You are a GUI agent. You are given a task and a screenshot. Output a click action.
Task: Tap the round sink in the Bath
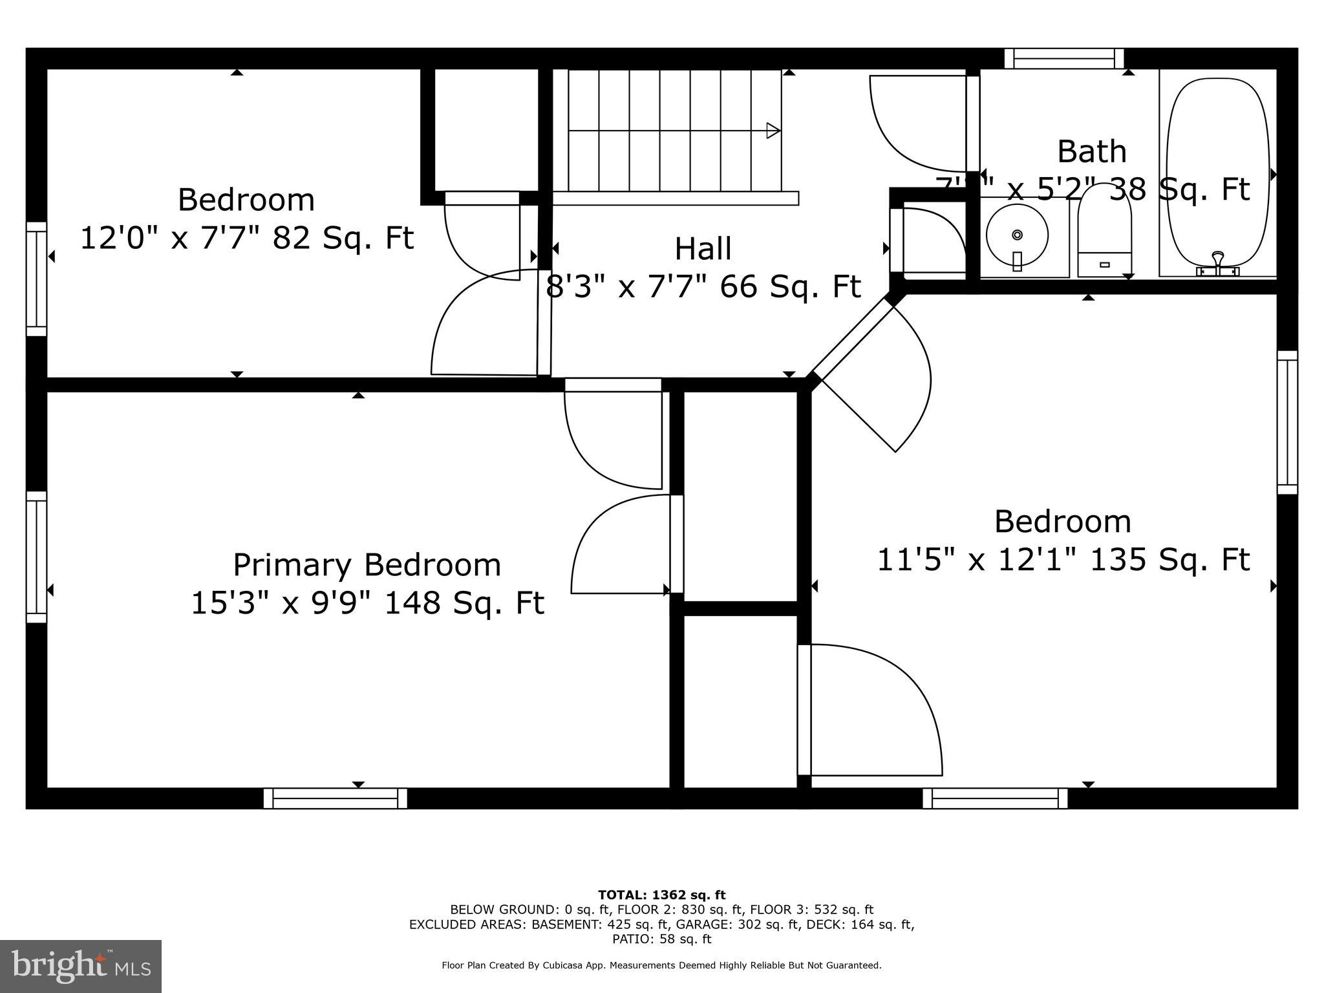point(1017,235)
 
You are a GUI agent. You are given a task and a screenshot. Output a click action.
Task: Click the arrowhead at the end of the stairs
point(773,131)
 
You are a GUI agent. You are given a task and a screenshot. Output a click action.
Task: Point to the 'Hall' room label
point(703,249)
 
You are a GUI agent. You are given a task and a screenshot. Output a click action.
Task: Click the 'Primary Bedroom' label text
point(367,565)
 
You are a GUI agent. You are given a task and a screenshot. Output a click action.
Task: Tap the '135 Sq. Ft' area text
point(1169,560)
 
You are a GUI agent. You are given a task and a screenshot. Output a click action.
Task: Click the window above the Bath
point(1064,59)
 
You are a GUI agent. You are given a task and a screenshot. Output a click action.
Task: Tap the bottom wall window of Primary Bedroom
point(335,798)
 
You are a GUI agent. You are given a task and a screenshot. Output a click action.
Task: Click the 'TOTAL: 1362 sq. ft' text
point(661,895)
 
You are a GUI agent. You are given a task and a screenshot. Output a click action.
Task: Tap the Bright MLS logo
point(80,966)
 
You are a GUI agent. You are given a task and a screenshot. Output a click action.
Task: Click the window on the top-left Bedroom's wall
point(36,279)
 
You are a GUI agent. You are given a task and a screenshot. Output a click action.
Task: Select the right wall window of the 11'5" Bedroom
point(1287,422)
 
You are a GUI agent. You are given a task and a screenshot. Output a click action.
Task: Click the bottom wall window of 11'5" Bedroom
point(994,798)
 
